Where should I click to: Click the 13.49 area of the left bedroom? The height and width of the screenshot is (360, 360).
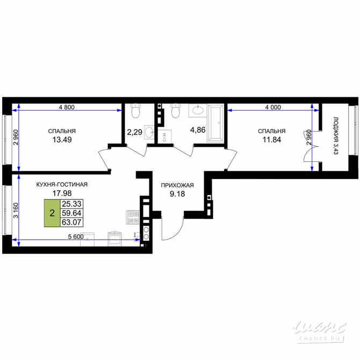61,140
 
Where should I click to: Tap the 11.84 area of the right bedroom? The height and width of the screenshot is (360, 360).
271,140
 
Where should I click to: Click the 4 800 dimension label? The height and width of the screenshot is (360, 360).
67,107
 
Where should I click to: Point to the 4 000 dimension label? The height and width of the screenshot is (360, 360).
272,107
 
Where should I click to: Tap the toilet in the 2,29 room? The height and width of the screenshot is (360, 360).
135,111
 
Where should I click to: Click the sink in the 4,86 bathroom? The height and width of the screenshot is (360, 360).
197,111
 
